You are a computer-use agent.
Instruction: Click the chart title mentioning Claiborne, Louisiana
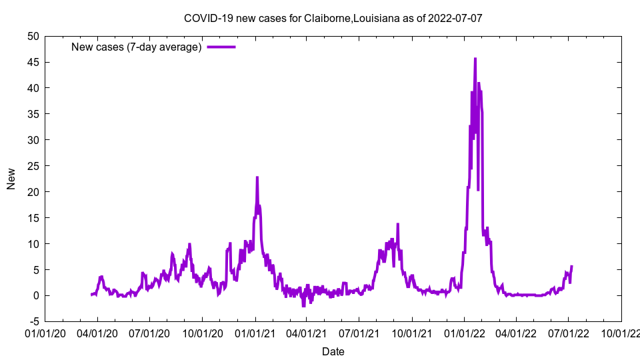pyautogui.click(x=333, y=18)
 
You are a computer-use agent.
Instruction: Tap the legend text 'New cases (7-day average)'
pyautogui.click(x=137, y=47)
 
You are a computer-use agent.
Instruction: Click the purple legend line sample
pyautogui.click(x=221, y=47)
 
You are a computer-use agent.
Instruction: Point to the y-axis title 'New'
pyautogui.click(x=11, y=179)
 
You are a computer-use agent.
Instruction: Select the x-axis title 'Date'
pyautogui.click(x=333, y=351)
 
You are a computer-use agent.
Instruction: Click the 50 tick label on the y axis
pyautogui.click(x=33, y=36)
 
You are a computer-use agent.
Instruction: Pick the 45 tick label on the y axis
pyautogui.click(x=33, y=62)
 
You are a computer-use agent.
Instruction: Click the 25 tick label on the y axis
pyautogui.click(x=33, y=166)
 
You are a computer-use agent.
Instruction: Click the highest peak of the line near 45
pyautogui.click(x=475, y=59)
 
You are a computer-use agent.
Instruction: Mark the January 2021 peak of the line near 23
pyautogui.click(x=257, y=177)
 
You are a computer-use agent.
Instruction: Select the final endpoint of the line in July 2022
pyautogui.click(x=571, y=267)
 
